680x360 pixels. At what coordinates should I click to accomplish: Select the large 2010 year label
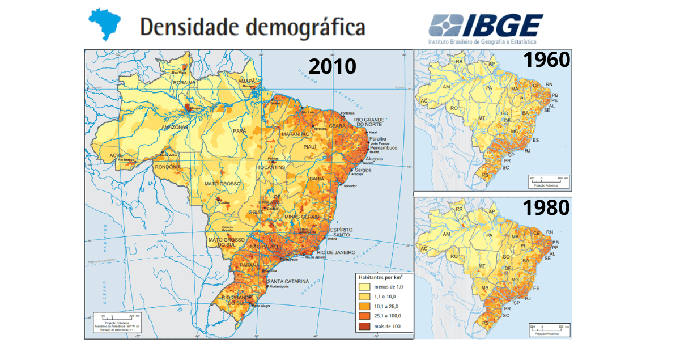(332, 66)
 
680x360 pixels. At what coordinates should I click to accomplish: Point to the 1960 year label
(546, 60)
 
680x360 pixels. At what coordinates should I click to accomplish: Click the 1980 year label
(546, 207)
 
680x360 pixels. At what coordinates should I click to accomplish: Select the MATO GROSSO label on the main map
(223, 184)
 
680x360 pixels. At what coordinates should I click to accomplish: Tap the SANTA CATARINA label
(288, 282)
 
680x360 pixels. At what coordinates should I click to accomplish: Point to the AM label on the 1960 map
(446, 87)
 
